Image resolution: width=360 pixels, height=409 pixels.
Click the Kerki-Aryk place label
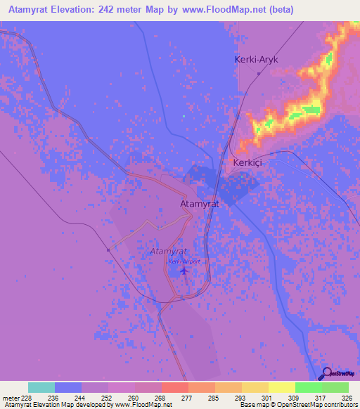(256, 60)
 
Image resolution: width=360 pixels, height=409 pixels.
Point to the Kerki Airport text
(184, 261)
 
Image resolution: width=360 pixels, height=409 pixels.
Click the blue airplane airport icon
(184, 270)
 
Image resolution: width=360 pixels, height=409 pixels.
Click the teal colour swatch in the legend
(41, 387)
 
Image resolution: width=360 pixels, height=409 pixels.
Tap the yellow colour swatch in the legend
(282, 387)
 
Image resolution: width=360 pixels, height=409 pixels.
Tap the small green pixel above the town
(184, 116)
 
